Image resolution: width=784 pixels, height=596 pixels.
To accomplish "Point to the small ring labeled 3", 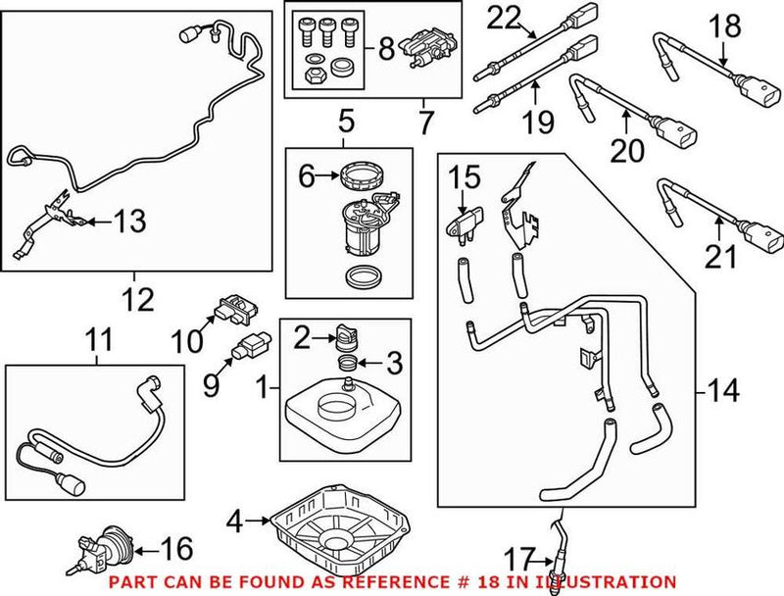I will pyautogui.click(x=346, y=364).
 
